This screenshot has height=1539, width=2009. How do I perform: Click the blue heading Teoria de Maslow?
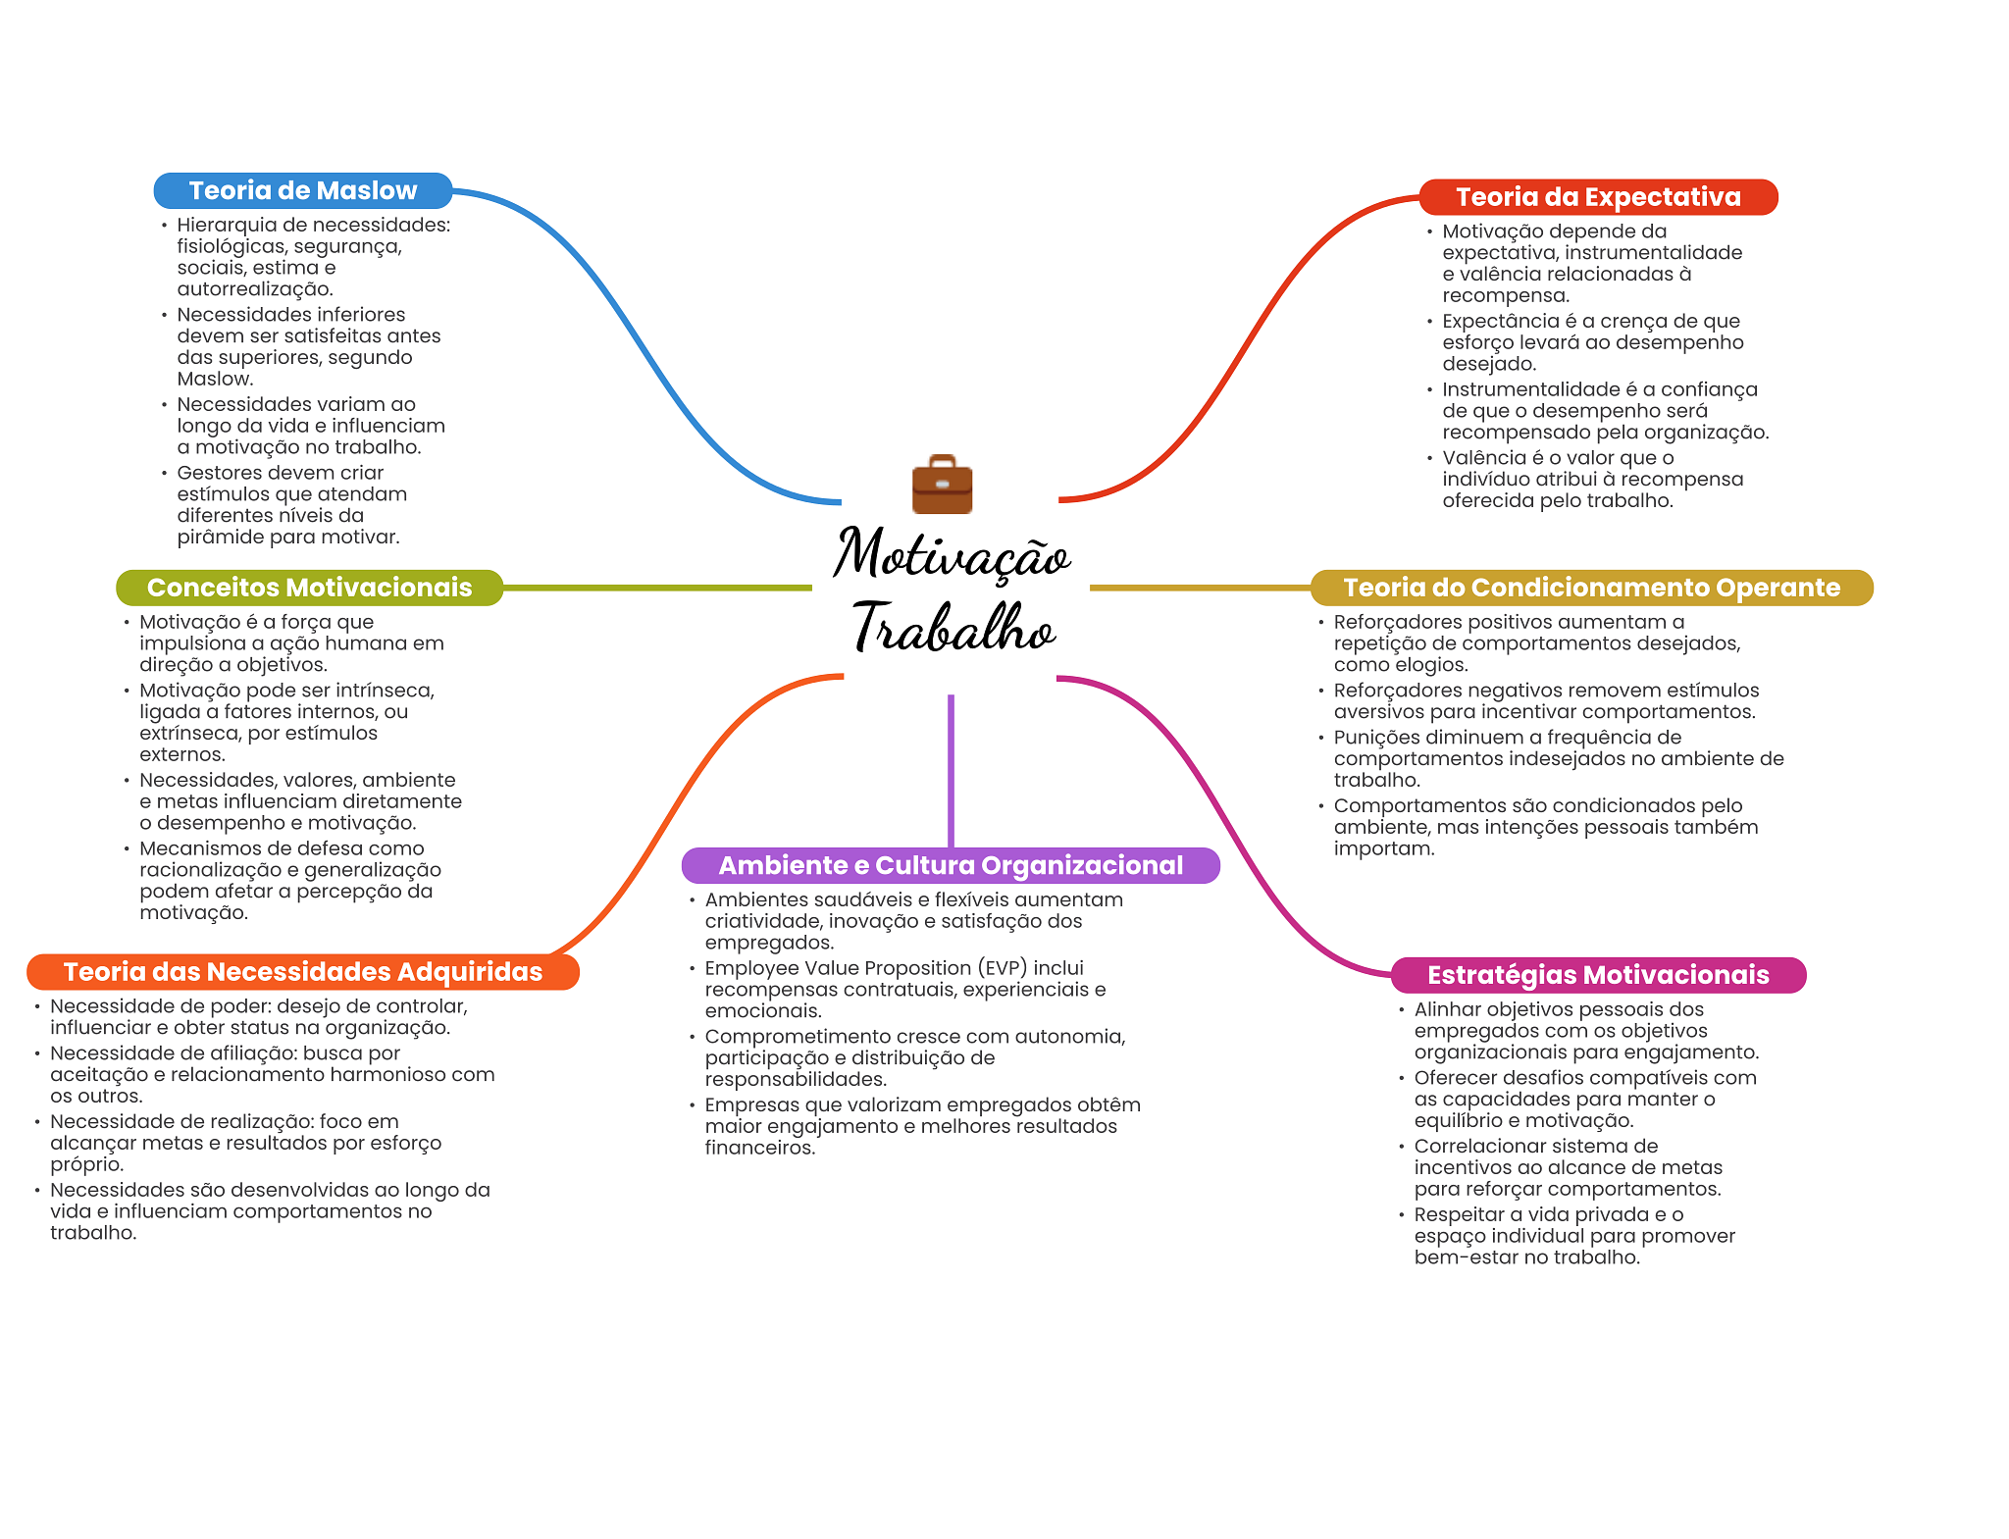(302, 190)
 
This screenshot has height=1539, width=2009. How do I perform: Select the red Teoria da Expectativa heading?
(1598, 197)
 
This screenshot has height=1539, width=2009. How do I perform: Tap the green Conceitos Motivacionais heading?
(309, 588)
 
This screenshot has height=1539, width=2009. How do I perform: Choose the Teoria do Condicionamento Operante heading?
(1591, 588)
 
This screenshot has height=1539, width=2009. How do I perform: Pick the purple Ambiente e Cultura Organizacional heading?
(951, 865)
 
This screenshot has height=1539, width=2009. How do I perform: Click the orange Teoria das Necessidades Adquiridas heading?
(302, 972)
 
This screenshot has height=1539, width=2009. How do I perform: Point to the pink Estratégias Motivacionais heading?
(1598, 975)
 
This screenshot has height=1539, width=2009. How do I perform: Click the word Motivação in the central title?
(952, 555)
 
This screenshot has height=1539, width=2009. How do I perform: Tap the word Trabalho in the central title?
(953, 628)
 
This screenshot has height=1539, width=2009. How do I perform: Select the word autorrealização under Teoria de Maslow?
(254, 289)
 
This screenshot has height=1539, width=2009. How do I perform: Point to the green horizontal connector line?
(657, 588)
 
